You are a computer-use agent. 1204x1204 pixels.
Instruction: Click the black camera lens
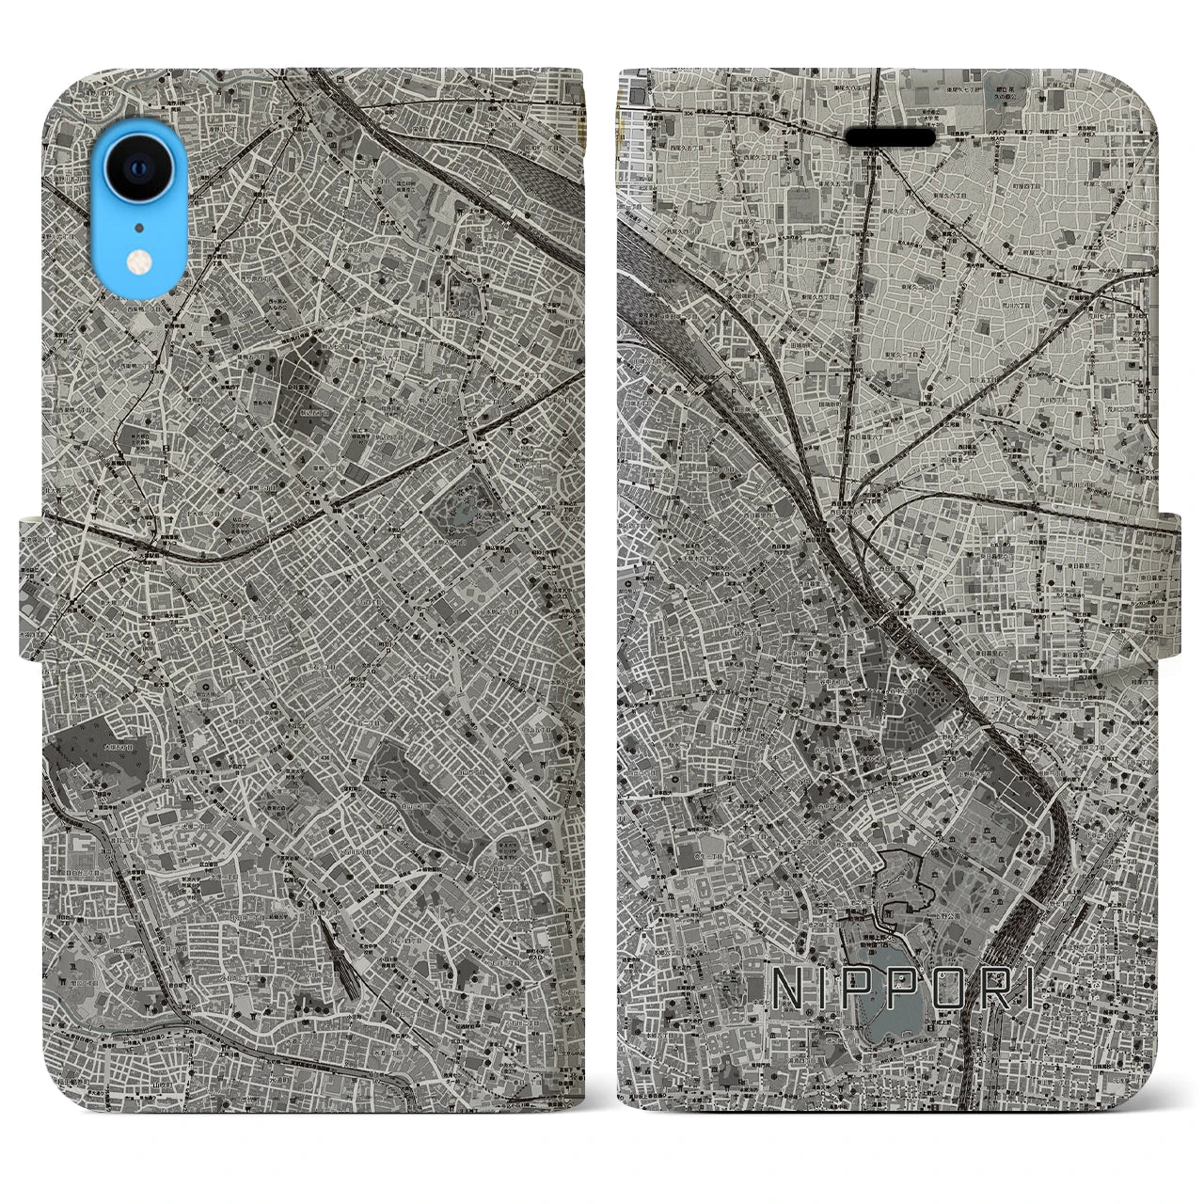click(x=139, y=168)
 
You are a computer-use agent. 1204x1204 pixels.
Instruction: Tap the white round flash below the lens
click(x=139, y=260)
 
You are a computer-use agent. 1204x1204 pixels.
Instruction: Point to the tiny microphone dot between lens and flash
click(x=139, y=227)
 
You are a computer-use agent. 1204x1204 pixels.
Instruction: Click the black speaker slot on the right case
click(x=890, y=137)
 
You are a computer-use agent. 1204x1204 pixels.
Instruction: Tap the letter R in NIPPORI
click(x=984, y=990)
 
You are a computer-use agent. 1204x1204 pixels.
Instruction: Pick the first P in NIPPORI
click(x=841, y=990)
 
